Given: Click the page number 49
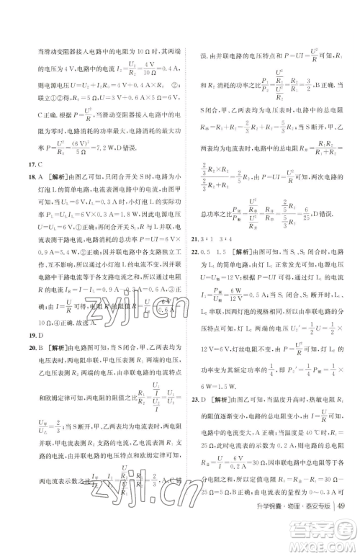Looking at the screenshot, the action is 342,532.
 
